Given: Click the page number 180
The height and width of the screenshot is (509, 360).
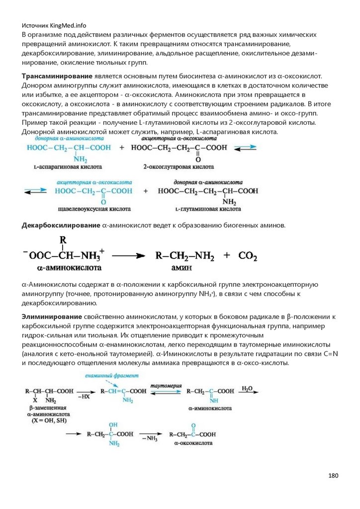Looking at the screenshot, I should click(x=333, y=476).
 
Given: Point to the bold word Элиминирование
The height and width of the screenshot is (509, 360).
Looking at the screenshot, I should click(x=51, y=316).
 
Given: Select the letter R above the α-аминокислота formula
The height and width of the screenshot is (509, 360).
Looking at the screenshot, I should click(x=63, y=240).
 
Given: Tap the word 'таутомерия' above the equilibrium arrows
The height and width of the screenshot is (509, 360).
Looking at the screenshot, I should click(x=167, y=385).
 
